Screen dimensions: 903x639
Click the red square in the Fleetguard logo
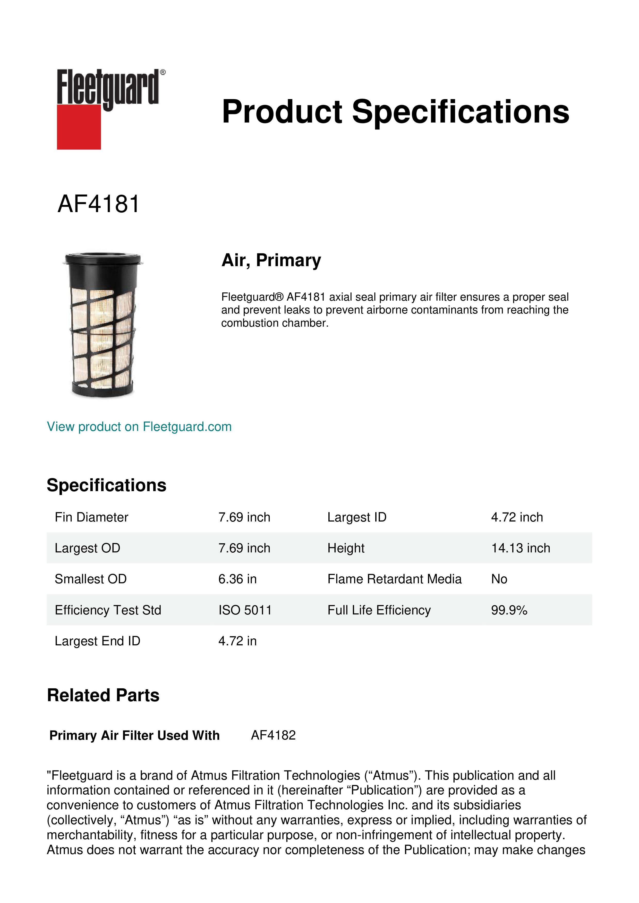click(79, 127)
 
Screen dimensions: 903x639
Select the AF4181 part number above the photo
click(98, 204)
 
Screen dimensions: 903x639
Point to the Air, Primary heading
click(271, 260)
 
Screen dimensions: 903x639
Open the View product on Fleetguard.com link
click(139, 427)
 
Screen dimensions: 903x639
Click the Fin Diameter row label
click(91, 517)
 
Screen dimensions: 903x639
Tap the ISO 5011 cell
click(245, 610)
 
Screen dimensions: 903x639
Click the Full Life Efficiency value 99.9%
click(509, 610)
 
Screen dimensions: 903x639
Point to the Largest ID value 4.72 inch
click(517, 517)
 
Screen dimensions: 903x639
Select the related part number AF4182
click(273, 735)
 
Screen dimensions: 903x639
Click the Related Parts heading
click(103, 695)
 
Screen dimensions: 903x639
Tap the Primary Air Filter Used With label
click(134, 735)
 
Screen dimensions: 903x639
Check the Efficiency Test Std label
click(108, 610)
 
